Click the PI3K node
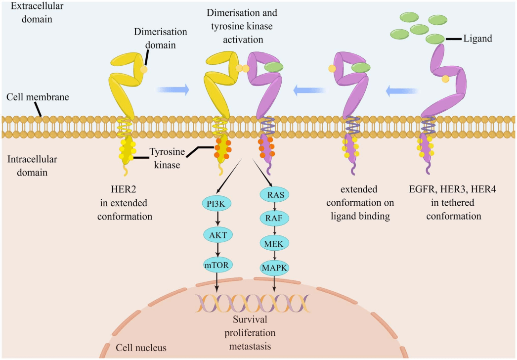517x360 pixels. (x=216, y=204)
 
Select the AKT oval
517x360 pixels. (x=218, y=234)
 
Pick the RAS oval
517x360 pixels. (x=275, y=195)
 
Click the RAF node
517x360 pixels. (x=274, y=218)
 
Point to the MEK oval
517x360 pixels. (x=274, y=243)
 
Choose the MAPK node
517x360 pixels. (x=274, y=268)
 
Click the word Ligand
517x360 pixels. (x=478, y=39)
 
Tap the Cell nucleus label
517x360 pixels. (x=141, y=348)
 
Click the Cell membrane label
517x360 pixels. (x=38, y=97)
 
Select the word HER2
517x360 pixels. (x=123, y=189)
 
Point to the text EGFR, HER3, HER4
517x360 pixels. (x=452, y=189)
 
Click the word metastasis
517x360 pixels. (x=250, y=346)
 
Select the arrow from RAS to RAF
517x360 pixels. (x=275, y=207)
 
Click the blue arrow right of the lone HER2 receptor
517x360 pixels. (x=173, y=90)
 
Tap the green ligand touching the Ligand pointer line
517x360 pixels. (x=435, y=39)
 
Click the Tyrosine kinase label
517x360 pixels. (x=167, y=158)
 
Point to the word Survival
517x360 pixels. (x=250, y=319)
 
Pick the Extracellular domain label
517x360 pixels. (x=37, y=12)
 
